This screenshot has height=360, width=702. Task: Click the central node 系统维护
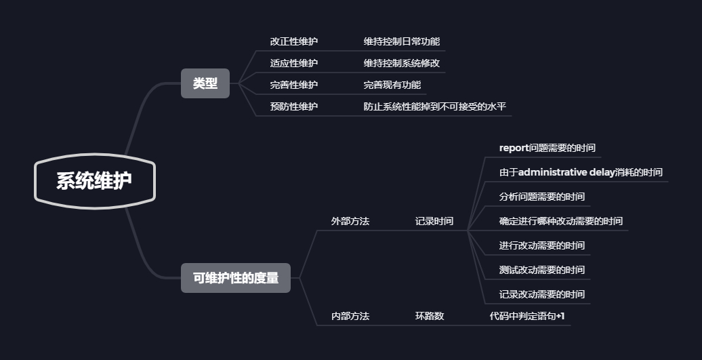[x=94, y=181]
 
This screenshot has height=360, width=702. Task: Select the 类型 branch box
[x=205, y=83]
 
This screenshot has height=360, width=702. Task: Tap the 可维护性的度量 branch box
[x=235, y=278]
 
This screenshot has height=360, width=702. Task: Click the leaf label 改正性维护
[x=293, y=41]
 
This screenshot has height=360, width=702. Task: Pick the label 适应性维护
[x=293, y=63]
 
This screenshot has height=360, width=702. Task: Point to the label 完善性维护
[x=293, y=85]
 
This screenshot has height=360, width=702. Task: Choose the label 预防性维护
[x=293, y=106]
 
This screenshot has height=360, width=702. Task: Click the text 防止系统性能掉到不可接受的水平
[x=434, y=106]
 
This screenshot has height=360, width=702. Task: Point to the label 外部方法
[x=350, y=221]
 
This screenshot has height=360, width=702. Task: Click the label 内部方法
[x=350, y=316]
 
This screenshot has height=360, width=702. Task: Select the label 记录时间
[x=434, y=221]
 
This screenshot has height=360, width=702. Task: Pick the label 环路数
[x=429, y=316]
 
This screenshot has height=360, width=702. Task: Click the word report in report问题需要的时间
[x=513, y=148]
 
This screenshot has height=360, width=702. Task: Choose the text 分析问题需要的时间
[x=541, y=197]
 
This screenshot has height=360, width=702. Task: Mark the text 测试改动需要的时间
[x=541, y=270]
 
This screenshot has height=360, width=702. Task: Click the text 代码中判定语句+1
[x=526, y=316]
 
